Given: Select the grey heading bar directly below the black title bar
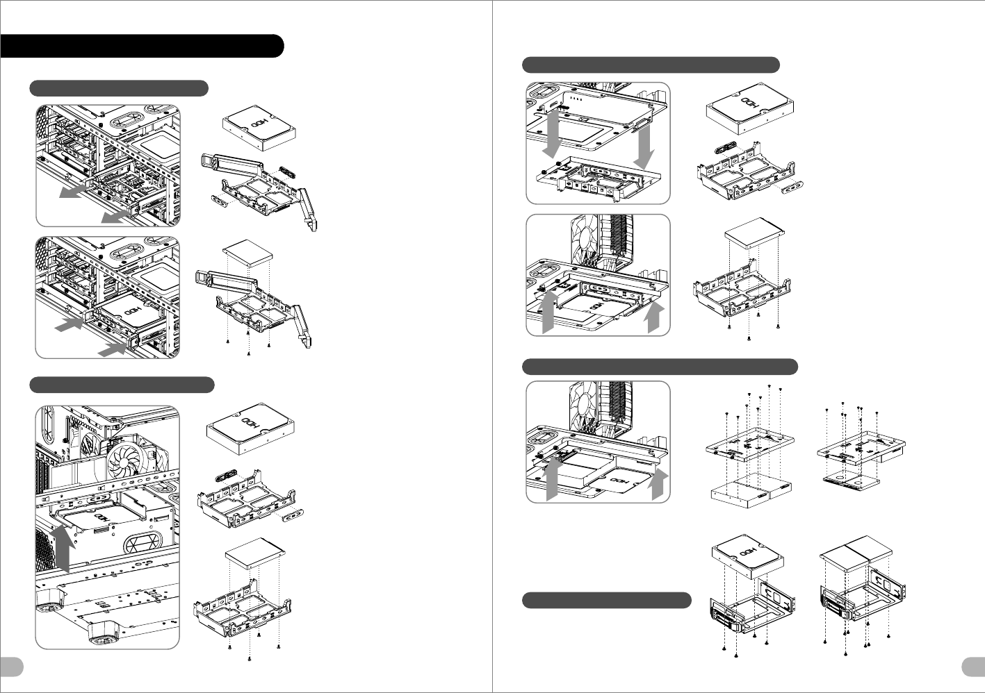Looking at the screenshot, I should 119,88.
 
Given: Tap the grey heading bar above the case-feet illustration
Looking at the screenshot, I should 122,385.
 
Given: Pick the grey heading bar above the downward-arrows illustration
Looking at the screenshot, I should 651,65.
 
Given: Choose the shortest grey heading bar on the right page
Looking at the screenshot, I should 607,601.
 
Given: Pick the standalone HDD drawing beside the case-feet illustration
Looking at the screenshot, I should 250,428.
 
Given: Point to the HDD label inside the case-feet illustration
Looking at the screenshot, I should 101,517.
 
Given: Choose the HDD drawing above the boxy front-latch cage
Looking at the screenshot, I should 747,557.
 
